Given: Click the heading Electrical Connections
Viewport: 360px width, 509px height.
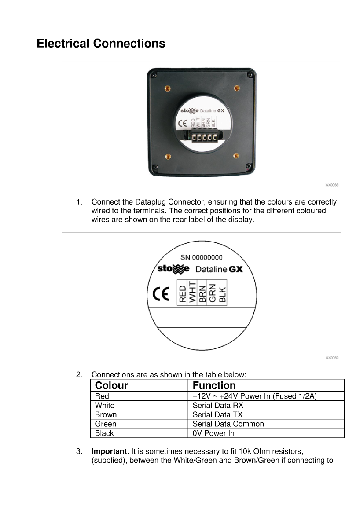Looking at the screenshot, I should [101, 44].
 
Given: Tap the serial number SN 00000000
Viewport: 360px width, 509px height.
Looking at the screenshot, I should [202, 257].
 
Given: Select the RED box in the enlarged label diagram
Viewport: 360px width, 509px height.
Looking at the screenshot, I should [182, 292].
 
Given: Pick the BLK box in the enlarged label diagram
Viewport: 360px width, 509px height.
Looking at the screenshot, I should [222, 292].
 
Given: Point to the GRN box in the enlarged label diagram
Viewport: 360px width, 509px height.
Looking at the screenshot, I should [212, 292].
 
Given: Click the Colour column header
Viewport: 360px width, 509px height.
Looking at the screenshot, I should [111, 386].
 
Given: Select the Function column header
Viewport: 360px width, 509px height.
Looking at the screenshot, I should [214, 386].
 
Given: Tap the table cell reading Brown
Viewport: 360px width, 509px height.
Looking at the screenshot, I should [106, 414].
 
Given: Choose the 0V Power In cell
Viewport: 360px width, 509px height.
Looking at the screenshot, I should [213, 433].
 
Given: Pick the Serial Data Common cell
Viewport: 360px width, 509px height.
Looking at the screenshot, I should [228, 424].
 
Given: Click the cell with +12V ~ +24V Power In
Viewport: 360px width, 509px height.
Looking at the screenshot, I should [254, 396].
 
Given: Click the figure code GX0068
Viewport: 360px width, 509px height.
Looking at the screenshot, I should [332, 185].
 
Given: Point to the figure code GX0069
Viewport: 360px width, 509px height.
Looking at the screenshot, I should [332, 358].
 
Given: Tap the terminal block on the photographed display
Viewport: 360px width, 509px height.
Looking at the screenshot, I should [204, 138].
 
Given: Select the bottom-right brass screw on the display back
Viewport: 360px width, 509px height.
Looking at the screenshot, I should [236, 156].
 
